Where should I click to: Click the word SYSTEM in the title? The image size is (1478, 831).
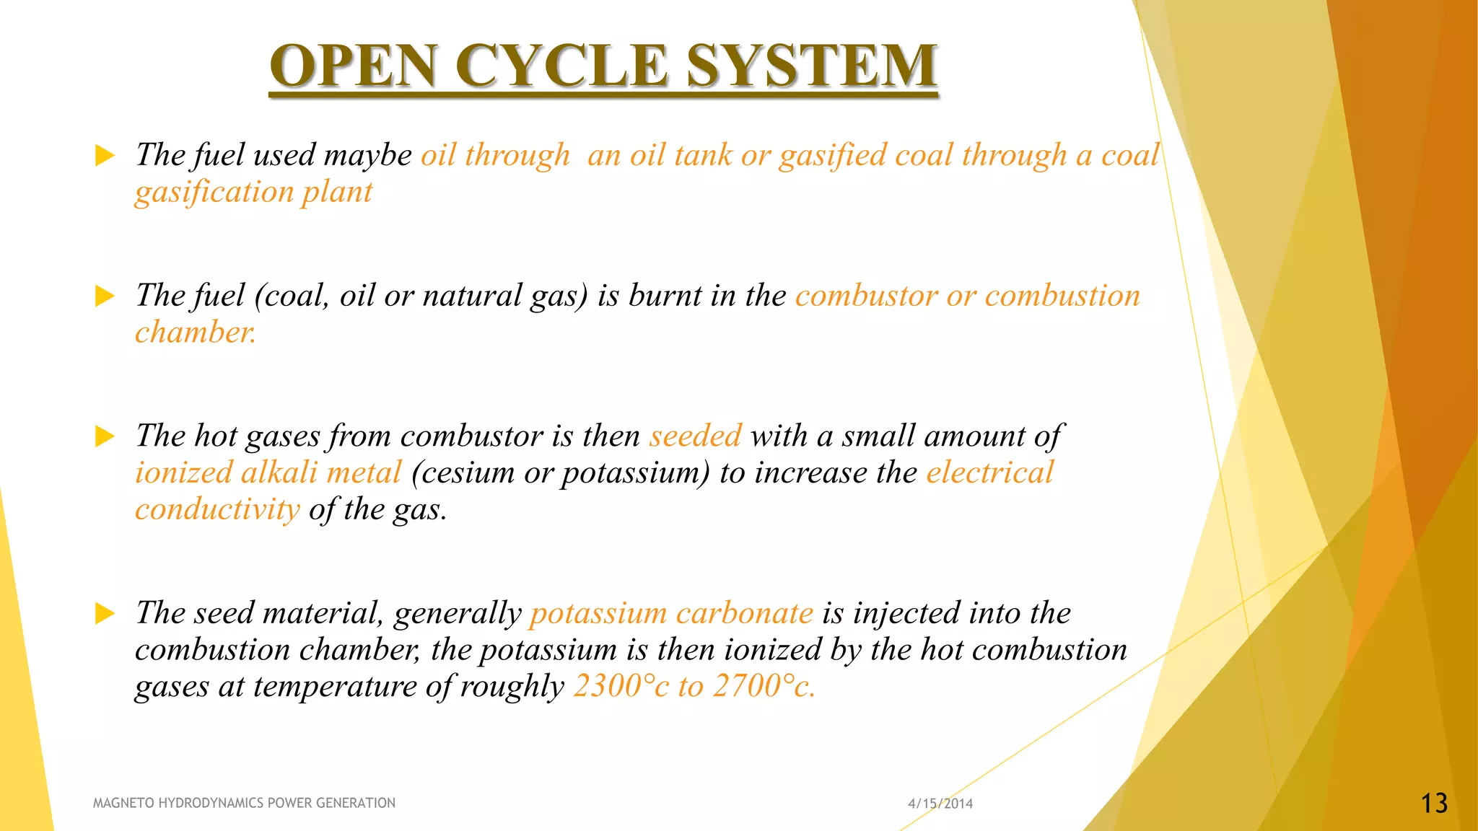(811, 66)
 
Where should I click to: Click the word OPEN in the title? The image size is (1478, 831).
(354, 66)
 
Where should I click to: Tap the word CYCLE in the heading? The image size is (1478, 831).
(561, 66)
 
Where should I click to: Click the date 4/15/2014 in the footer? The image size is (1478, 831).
(940, 804)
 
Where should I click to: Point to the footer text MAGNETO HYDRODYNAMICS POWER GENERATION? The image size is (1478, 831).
(244, 803)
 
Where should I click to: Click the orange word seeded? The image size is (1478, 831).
(695, 436)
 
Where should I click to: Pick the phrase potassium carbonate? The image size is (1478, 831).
(671, 613)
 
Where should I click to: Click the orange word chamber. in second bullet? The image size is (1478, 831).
(195, 333)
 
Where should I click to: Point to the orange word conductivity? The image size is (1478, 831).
(217, 510)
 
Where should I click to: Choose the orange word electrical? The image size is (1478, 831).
(989, 472)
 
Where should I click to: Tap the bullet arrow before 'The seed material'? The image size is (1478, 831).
(105, 614)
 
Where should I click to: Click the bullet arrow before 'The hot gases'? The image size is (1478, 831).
(105, 436)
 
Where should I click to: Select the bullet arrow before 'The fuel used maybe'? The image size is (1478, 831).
(105, 155)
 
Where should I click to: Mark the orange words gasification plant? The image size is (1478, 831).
(253, 193)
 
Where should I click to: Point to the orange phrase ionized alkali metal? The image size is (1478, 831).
(268, 473)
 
